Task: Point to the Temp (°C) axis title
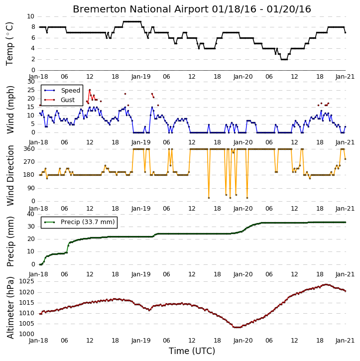pyautogui.click(x=9, y=44)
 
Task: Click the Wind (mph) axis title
pyautogui.click(x=10, y=110)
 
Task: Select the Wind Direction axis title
pyautogui.click(x=10, y=175)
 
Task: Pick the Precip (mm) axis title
pyautogui.click(x=10, y=241)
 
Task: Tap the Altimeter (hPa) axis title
pyautogui.click(x=10, y=308)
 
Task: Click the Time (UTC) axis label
pyautogui.click(x=192, y=351)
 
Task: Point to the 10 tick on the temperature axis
pyautogui.click(x=30, y=16)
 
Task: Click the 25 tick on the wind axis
pyautogui.click(x=31, y=90)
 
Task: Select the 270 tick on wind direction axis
pyautogui.click(x=29, y=162)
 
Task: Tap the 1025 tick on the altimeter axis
pyautogui.click(x=27, y=281)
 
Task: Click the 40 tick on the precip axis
pyautogui.click(x=31, y=214)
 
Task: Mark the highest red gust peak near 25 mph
pyautogui.click(x=90, y=90)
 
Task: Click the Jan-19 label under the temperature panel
pyautogui.click(x=140, y=77)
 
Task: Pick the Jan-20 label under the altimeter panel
pyautogui.click(x=243, y=341)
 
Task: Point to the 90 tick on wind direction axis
pyautogui.click(x=31, y=188)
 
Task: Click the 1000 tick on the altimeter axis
pyautogui.click(x=27, y=334)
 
